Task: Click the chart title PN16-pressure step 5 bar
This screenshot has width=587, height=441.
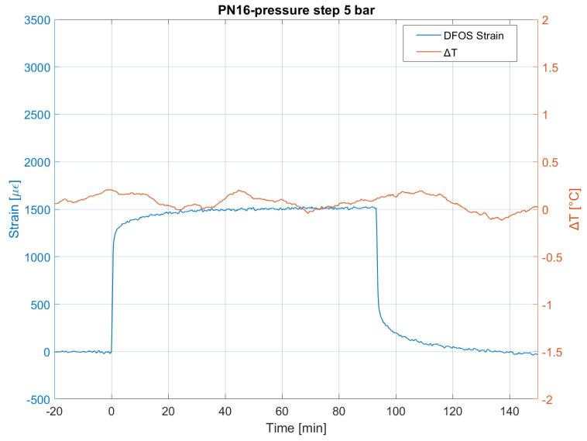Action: point(295,10)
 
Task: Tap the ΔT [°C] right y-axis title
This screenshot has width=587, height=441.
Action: point(574,210)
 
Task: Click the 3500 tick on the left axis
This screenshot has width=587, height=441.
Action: point(36,20)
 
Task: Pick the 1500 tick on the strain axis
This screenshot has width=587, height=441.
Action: point(36,210)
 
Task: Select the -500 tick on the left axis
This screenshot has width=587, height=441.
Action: point(36,400)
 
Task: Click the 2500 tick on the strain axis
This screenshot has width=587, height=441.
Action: point(36,115)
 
